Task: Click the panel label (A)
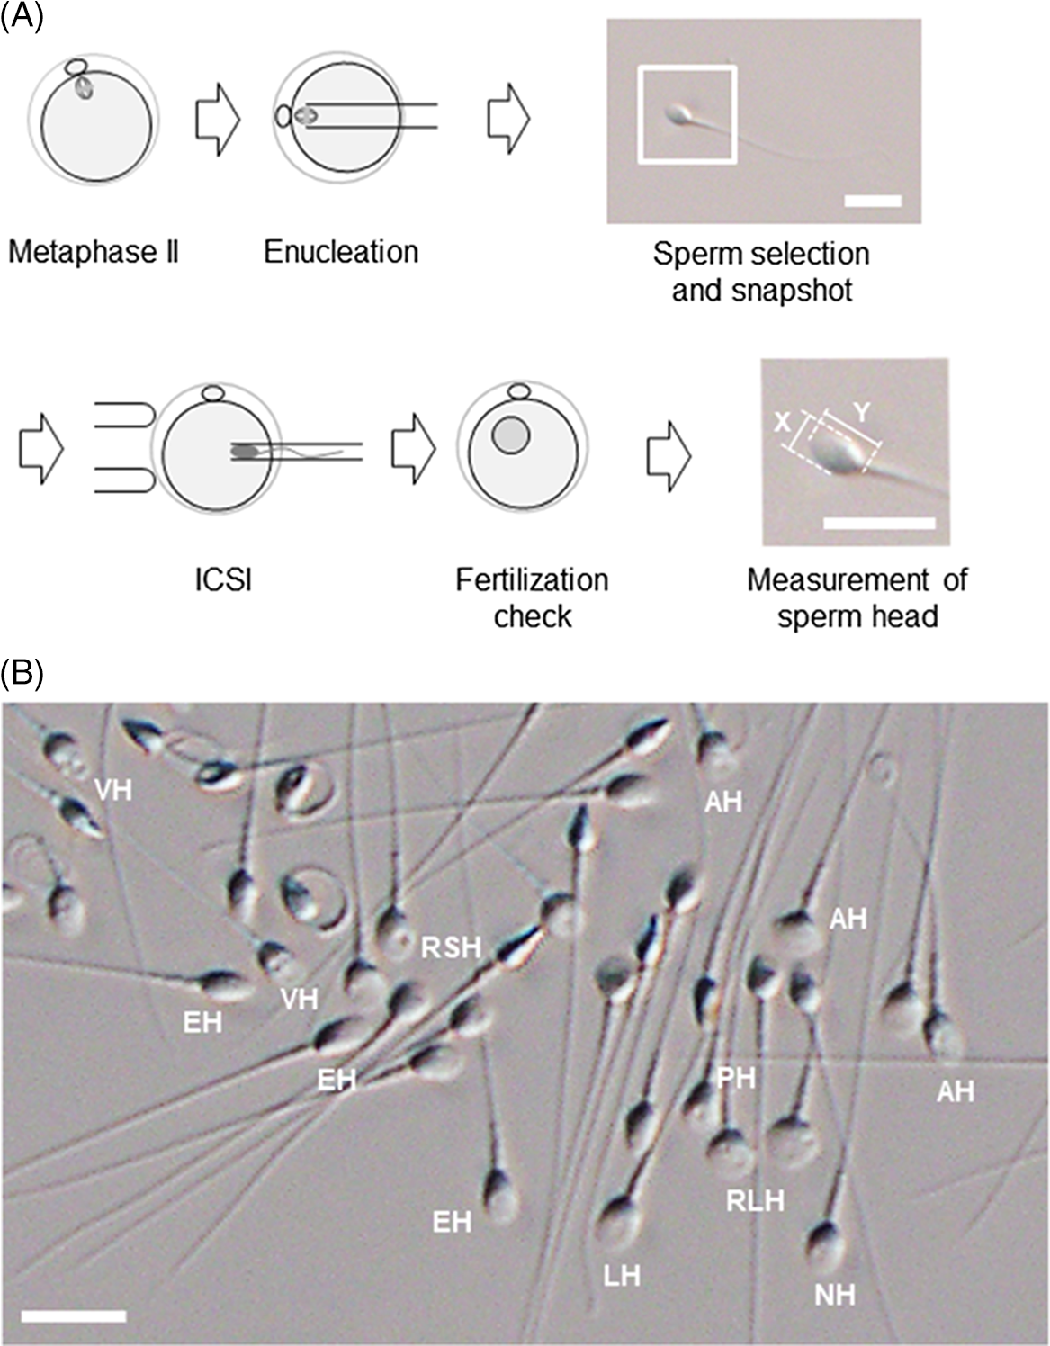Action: click(x=21, y=19)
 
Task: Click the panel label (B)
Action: click(x=21, y=674)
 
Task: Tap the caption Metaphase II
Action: click(x=94, y=252)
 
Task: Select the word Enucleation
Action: click(x=341, y=252)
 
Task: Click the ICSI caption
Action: click(x=223, y=580)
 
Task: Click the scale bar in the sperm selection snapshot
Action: click(x=873, y=200)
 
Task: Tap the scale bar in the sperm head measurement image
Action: click(x=879, y=522)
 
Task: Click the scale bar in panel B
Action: click(x=73, y=1316)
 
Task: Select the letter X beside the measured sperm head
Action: click(x=783, y=421)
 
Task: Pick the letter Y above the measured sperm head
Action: click(x=861, y=413)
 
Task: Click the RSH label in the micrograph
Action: click(x=451, y=947)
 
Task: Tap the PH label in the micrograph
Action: click(x=736, y=1077)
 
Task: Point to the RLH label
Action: click(x=756, y=1200)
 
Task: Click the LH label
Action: click(x=622, y=1275)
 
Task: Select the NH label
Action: click(x=834, y=1295)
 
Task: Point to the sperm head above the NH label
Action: click(x=824, y=1245)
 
